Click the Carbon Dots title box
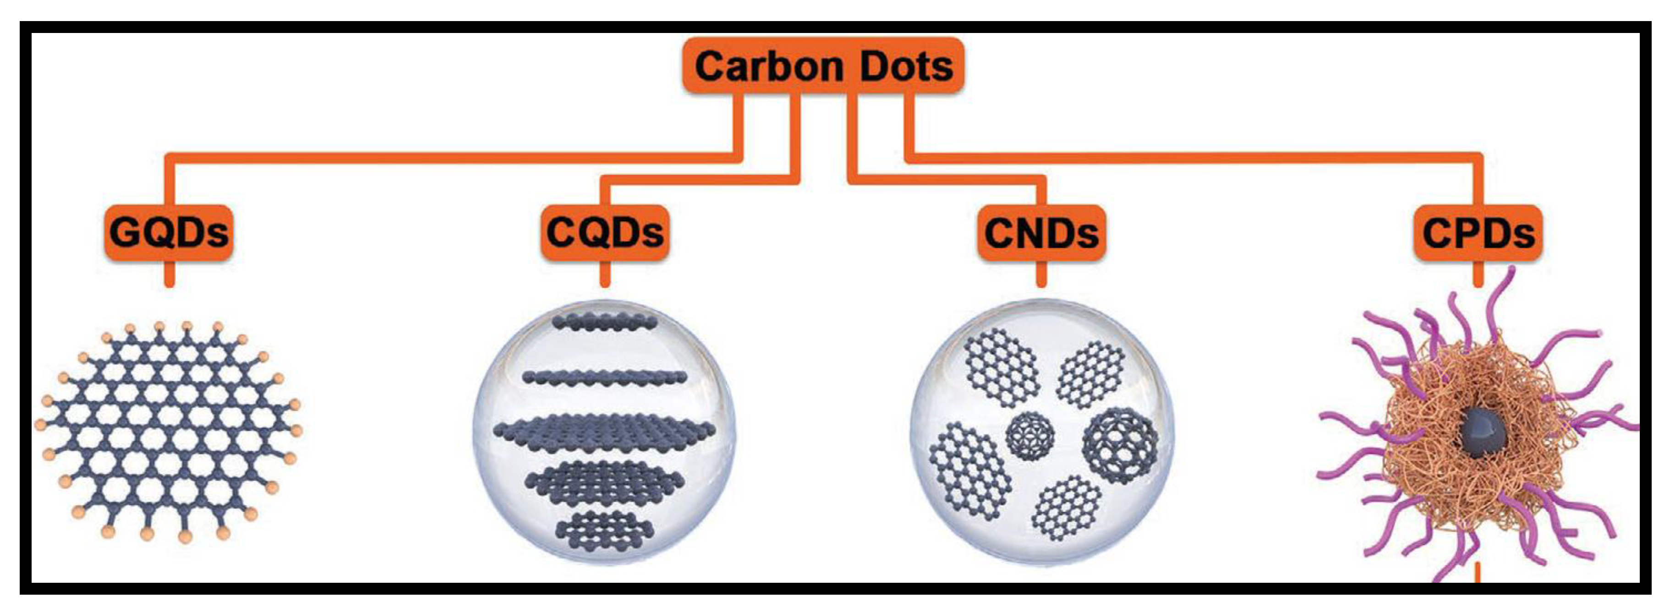823,66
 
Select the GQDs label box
169,232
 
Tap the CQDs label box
605,232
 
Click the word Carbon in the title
769,66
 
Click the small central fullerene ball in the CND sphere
1029,436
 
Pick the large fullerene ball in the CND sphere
1120,445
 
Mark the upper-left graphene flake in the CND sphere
1001,366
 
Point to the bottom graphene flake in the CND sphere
1067,507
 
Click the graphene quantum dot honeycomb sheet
169,431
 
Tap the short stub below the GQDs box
169,274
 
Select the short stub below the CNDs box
1041,274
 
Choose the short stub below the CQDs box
605,274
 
